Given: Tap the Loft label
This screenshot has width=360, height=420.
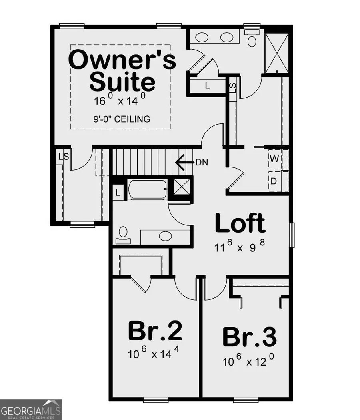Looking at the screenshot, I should [x=240, y=223].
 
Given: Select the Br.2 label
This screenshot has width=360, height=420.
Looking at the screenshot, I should [x=155, y=331].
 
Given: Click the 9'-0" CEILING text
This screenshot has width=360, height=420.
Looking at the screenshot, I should [x=121, y=119].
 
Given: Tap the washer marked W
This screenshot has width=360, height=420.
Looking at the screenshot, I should [x=274, y=159].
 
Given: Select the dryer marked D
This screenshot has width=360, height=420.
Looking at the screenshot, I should [x=274, y=181].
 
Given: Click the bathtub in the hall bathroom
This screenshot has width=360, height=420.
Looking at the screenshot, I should [x=147, y=189].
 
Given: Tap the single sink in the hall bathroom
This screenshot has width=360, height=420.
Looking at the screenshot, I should [x=165, y=236].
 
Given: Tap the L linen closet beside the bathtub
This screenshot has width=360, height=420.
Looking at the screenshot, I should [x=118, y=192].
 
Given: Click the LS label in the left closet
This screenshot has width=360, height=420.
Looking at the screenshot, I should [x=63, y=157].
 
